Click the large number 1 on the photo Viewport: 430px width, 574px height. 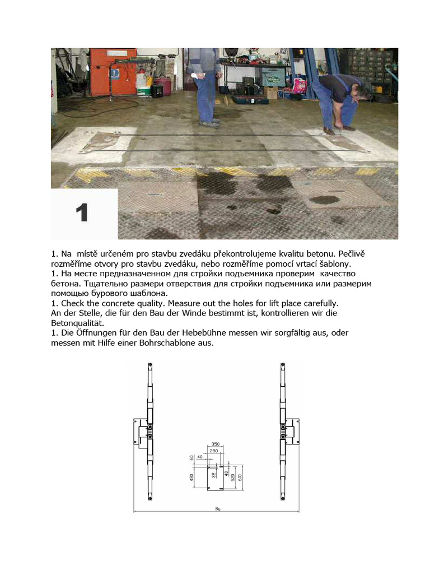pyautogui.click(x=82, y=214)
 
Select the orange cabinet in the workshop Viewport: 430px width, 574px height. pyautogui.click(x=114, y=70)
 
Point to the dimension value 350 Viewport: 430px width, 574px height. pyautogui.click(x=215, y=443)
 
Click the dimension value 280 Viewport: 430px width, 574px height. pyautogui.click(x=213, y=451)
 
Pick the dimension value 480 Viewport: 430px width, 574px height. pyautogui.click(x=192, y=478)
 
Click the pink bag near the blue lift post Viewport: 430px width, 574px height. pyautogui.click(x=300, y=85)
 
